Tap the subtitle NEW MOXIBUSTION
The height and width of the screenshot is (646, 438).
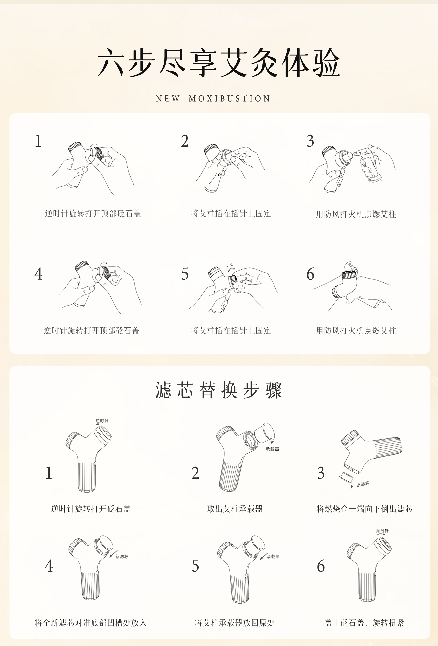click(213, 99)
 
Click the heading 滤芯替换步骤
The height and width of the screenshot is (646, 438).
click(219, 390)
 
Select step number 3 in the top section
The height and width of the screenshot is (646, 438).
click(310, 141)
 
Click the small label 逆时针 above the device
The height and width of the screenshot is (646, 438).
click(102, 421)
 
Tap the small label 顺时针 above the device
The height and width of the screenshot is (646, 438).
click(382, 531)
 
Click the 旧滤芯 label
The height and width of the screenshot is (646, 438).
click(363, 484)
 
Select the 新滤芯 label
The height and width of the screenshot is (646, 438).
click(122, 556)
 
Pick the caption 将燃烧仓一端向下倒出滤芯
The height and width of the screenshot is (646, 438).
click(365, 509)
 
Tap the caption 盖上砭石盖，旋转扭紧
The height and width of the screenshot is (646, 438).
click(365, 623)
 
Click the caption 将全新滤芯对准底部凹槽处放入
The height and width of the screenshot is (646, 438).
click(91, 623)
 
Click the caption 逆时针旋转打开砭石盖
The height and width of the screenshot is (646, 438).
click(91, 509)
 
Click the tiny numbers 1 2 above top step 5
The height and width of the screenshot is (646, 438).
click(229, 266)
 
